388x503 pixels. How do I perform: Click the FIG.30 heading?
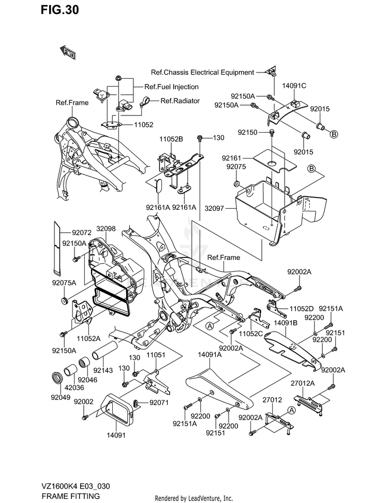coord(60,10)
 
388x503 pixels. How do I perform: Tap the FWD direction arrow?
coord(68,52)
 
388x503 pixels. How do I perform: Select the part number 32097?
coord(214,209)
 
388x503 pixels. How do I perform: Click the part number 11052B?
coord(171,139)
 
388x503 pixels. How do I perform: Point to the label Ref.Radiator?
coord(180,101)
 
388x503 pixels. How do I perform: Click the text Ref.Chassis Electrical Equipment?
coord(202,73)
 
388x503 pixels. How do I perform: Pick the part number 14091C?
coord(294,85)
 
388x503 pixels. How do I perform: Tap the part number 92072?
coord(81,233)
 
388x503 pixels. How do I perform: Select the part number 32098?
coord(106,229)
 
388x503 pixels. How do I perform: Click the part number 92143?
coord(103,370)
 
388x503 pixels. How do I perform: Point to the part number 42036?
coord(74,387)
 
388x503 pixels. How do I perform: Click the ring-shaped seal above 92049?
coord(57,378)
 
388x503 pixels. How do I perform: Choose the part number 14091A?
coord(210,355)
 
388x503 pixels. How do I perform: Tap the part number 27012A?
coord(303,383)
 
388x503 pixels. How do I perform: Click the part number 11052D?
coord(302,309)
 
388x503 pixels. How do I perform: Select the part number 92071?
coord(159,403)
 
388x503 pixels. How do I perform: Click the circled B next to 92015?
coord(334,134)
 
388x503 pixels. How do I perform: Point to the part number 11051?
coord(156,355)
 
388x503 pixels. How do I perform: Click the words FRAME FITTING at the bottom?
coord(70,496)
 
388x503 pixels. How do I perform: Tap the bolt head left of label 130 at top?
coord(200,138)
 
